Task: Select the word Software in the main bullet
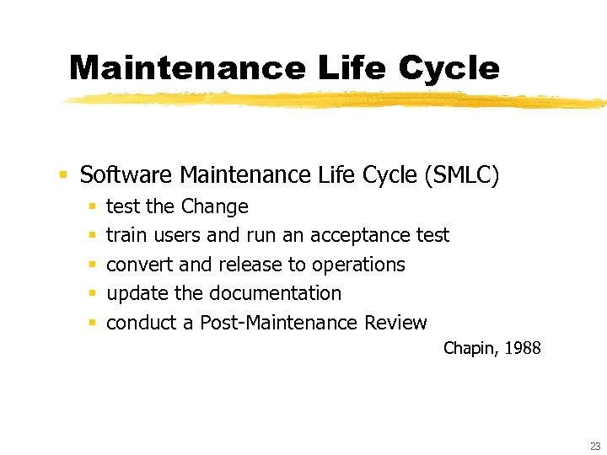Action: pos(127,175)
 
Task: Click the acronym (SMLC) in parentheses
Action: pos(463,175)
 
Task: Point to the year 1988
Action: pos(523,348)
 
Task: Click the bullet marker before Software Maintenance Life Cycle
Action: pos(62,175)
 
